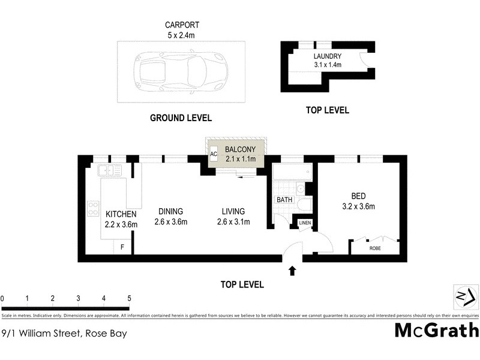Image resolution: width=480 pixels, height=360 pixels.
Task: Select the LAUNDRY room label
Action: (x=328, y=57)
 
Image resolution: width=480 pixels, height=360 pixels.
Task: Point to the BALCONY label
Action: (x=240, y=149)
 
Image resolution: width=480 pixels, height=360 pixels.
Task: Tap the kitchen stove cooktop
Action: (x=94, y=208)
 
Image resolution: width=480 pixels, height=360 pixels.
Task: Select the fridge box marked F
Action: (x=123, y=246)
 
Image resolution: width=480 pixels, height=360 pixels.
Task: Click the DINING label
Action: (x=170, y=211)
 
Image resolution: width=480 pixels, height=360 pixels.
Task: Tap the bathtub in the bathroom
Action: (x=292, y=174)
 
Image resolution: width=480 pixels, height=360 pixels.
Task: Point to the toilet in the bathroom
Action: (x=304, y=206)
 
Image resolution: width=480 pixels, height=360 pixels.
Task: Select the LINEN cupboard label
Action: (x=305, y=224)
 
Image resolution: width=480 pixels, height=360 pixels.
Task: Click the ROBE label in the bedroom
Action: (x=375, y=247)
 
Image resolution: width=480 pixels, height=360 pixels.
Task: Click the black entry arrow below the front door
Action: (x=292, y=271)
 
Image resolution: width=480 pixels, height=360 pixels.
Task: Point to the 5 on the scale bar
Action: (x=128, y=298)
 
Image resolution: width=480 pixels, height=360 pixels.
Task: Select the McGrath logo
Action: (x=436, y=330)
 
